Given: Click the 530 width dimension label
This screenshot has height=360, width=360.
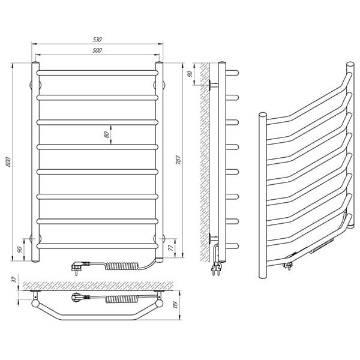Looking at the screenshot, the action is coord(97,40).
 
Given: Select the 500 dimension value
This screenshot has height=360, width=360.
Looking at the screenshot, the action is coord(97,50).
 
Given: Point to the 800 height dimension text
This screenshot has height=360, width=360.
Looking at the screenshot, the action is coord(8,162).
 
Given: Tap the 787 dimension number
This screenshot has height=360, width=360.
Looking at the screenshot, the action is coord(178,160).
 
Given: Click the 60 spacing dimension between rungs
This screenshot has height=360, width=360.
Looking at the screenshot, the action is coord(106,135).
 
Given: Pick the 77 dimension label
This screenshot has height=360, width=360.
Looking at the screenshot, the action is coord(170,248).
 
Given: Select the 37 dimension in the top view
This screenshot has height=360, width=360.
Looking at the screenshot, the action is coord(14,280).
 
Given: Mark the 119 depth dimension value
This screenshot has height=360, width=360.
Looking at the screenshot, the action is coord(176,305).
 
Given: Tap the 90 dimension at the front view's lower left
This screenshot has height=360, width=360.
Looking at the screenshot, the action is coord(20,250).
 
